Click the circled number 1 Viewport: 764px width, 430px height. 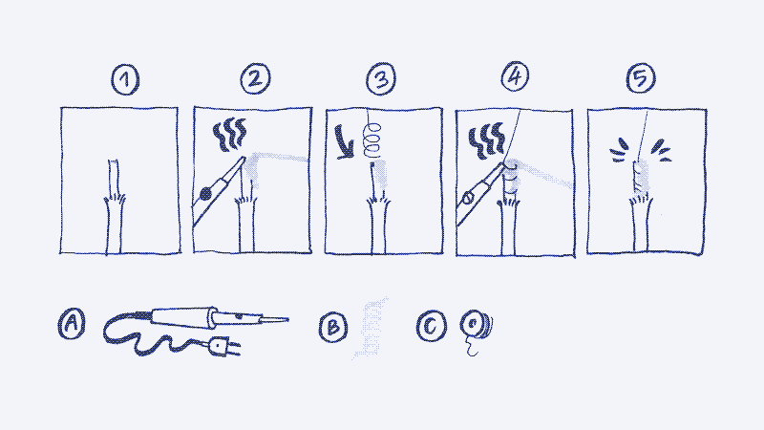(x=125, y=79)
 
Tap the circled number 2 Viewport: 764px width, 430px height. (x=255, y=78)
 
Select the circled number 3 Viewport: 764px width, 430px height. (x=381, y=78)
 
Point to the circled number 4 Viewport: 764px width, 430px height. (x=515, y=76)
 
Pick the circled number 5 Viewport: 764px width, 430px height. (x=641, y=77)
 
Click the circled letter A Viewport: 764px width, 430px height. (x=72, y=323)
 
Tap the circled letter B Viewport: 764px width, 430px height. (x=333, y=327)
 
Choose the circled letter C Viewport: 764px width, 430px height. (x=432, y=326)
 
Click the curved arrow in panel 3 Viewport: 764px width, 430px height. (x=345, y=144)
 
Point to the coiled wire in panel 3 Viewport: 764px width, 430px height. (x=372, y=140)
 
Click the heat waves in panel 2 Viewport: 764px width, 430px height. (x=229, y=134)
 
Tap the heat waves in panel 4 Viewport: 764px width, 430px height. (x=486, y=140)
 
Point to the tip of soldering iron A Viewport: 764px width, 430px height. (x=287, y=320)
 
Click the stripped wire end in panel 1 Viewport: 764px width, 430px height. (x=114, y=178)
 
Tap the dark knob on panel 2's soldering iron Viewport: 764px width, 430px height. (x=205, y=194)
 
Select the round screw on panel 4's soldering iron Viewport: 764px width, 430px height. (x=469, y=198)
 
